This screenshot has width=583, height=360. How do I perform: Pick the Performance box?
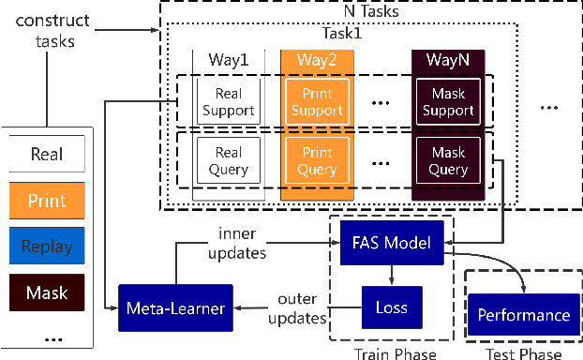(524, 315)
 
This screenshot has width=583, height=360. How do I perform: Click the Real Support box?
(227, 101)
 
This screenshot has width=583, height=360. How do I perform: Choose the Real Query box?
(227, 160)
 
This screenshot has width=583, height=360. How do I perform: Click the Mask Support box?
(447, 101)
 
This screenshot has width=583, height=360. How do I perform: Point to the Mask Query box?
(447, 160)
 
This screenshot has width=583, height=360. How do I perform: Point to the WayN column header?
(447, 60)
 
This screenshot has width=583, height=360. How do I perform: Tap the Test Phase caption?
(523, 353)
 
